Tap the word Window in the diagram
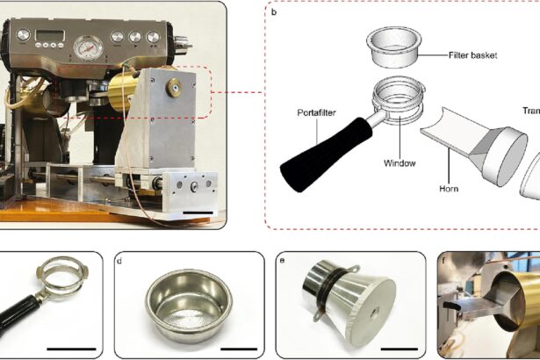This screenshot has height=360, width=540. click(x=400, y=162)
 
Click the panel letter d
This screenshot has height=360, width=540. click(x=122, y=260)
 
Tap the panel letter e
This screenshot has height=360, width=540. click(x=282, y=260)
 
